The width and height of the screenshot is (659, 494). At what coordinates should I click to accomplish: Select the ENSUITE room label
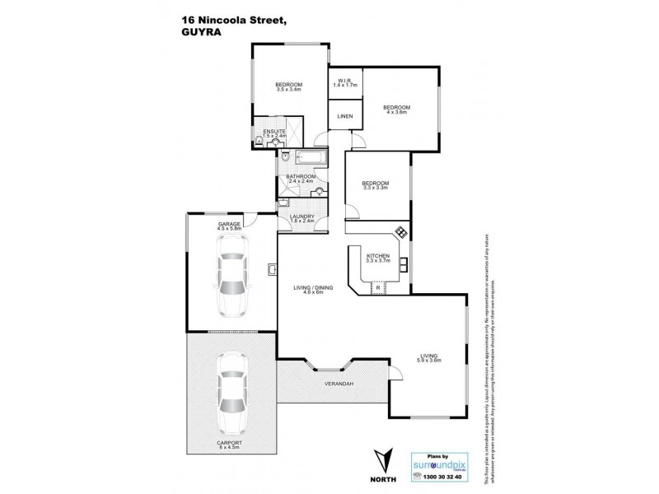(x=274, y=132)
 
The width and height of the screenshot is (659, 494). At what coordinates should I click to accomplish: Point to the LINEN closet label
(x=345, y=116)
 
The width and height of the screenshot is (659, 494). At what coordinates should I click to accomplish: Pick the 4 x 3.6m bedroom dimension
(x=396, y=114)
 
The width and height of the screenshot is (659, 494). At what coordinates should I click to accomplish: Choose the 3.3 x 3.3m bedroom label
(x=375, y=189)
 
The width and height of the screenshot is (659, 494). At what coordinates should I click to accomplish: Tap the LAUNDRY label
(x=301, y=217)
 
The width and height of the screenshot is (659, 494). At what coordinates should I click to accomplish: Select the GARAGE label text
(x=228, y=223)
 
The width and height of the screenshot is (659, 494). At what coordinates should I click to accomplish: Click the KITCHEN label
(x=379, y=256)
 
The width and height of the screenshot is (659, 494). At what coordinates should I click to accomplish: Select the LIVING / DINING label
(x=312, y=287)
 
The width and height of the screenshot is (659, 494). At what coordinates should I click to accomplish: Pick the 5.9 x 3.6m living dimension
(x=429, y=360)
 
